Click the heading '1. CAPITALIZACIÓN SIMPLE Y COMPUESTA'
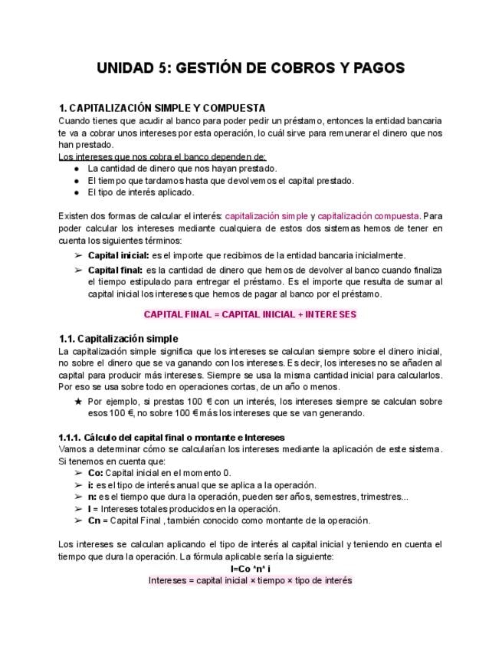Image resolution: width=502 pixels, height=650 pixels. pyautogui.click(x=162, y=108)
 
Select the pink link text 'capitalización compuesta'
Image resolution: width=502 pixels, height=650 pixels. pyautogui.click(x=369, y=216)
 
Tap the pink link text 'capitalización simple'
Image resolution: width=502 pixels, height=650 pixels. pyautogui.click(x=269, y=216)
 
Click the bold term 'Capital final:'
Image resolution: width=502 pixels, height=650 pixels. pyautogui.click(x=116, y=270)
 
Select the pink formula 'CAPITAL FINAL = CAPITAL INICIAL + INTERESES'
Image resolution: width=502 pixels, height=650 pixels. pyautogui.click(x=251, y=314)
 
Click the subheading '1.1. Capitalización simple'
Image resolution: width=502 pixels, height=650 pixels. pyautogui.click(x=118, y=338)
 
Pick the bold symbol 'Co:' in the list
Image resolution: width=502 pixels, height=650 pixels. pyautogui.click(x=96, y=473)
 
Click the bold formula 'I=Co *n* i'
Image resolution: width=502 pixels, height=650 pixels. pyautogui.click(x=251, y=569)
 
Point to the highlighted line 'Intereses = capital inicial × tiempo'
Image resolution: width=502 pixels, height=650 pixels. pyautogui.click(x=251, y=580)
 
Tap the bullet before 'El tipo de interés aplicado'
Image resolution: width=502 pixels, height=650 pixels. pyautogui.click(x=77, y=192)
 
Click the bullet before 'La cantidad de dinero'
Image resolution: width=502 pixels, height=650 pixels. pyautogui.click(x=77, y=168)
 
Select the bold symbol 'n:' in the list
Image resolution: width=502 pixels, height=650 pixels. pyautogui.click(x=92, y=497)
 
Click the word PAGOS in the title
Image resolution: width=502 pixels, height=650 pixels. pyautogui.click(x=373, y=69)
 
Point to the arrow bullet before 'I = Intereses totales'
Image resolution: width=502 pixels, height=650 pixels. pyautogui.click(x=77, y=509)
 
